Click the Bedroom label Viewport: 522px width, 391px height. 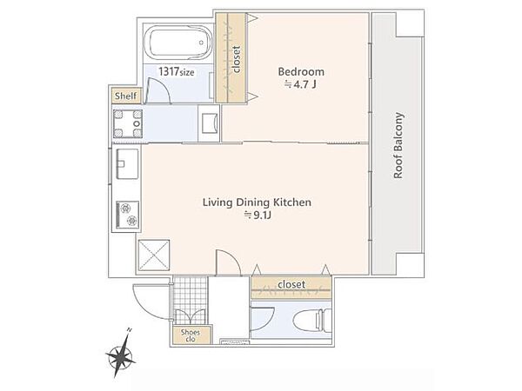coord(301,71)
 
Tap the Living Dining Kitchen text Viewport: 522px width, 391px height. coord(257,202)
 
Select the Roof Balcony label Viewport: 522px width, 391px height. coord(398,146)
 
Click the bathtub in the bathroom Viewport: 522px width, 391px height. coord(180,43)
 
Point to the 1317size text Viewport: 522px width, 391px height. coord(177,71)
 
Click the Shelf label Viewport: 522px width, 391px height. coord(126,96)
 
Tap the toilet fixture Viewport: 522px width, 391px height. coord(312,320)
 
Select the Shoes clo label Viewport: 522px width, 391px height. coord(191,335)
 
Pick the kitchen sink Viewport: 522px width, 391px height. coord(127,164)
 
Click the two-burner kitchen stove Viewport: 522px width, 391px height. coord(128,215)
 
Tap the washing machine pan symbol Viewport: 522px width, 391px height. coord(128,123)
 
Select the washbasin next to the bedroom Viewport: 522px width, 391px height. coord(209,123)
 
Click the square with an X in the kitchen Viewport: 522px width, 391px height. coord(154,255)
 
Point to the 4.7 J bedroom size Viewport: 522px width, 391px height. coord(300,84)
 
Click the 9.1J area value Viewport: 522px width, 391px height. coord(258,215)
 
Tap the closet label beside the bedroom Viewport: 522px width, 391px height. coord(237,59)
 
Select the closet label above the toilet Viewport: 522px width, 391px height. coord(291,284)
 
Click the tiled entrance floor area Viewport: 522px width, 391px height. coord(190,301)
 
